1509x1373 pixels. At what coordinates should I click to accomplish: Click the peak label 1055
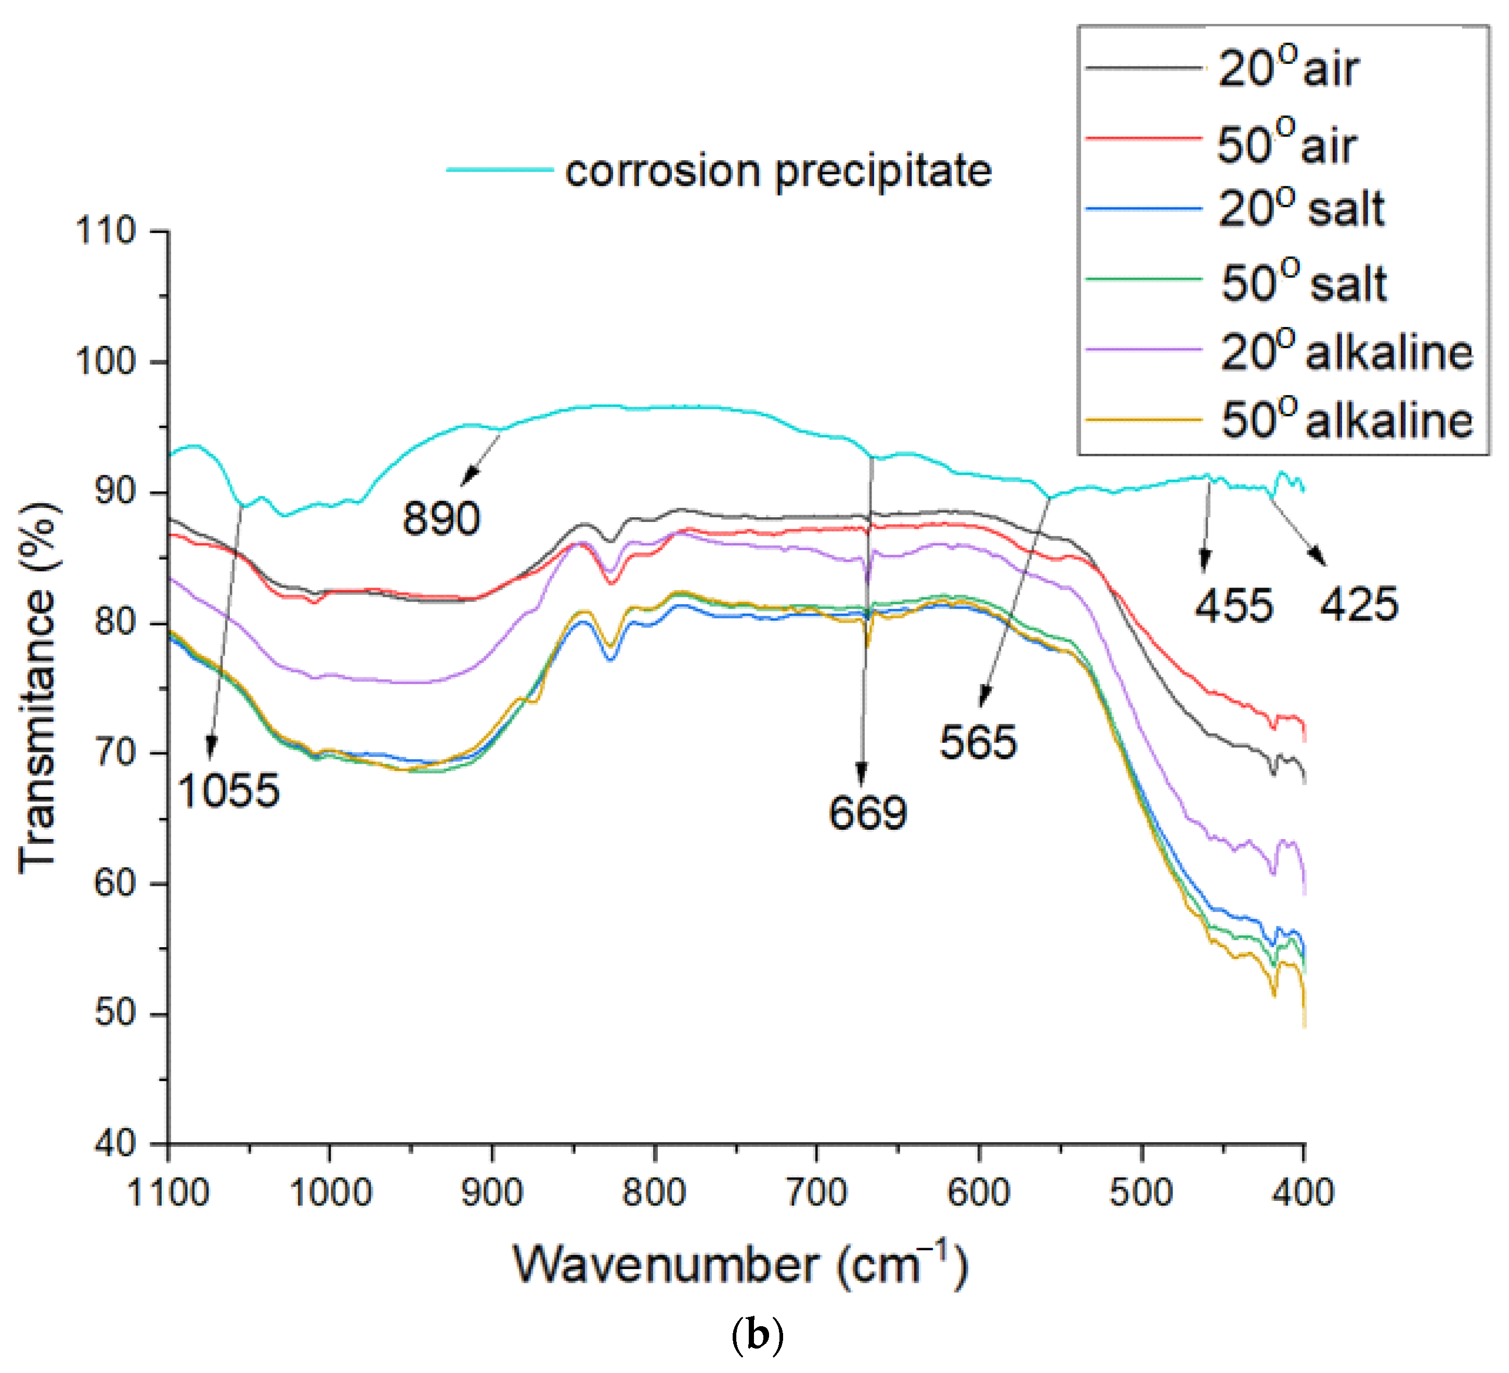click(228, 791)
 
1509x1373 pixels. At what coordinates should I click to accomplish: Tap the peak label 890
click(441, 518)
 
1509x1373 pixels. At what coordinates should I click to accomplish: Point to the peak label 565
click(978, 743)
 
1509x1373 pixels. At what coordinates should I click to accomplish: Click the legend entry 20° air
click(1287, 70)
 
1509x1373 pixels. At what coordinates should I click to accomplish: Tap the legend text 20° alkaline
click(1346, 351)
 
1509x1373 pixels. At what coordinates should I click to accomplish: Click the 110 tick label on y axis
click(106, 231)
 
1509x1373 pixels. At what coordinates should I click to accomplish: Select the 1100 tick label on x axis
click(168, 1192)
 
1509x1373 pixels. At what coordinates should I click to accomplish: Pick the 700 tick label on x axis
click(816, 1192)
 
